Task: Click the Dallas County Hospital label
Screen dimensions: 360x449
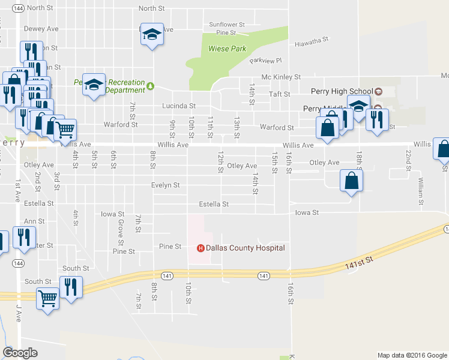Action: coord(246,248)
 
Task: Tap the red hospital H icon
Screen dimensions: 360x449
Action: coord(201,248)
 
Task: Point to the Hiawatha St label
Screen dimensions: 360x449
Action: coord(312,40)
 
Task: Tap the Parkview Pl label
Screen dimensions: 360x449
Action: coord(266,61)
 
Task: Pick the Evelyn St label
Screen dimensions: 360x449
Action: coord(166,185)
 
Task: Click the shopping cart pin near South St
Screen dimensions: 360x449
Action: coord(47,297)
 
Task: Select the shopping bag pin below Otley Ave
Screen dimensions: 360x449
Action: coord(351,181)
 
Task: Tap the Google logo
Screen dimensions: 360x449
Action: coord(20,353)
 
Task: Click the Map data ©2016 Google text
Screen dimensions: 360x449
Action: coord(412,355)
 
